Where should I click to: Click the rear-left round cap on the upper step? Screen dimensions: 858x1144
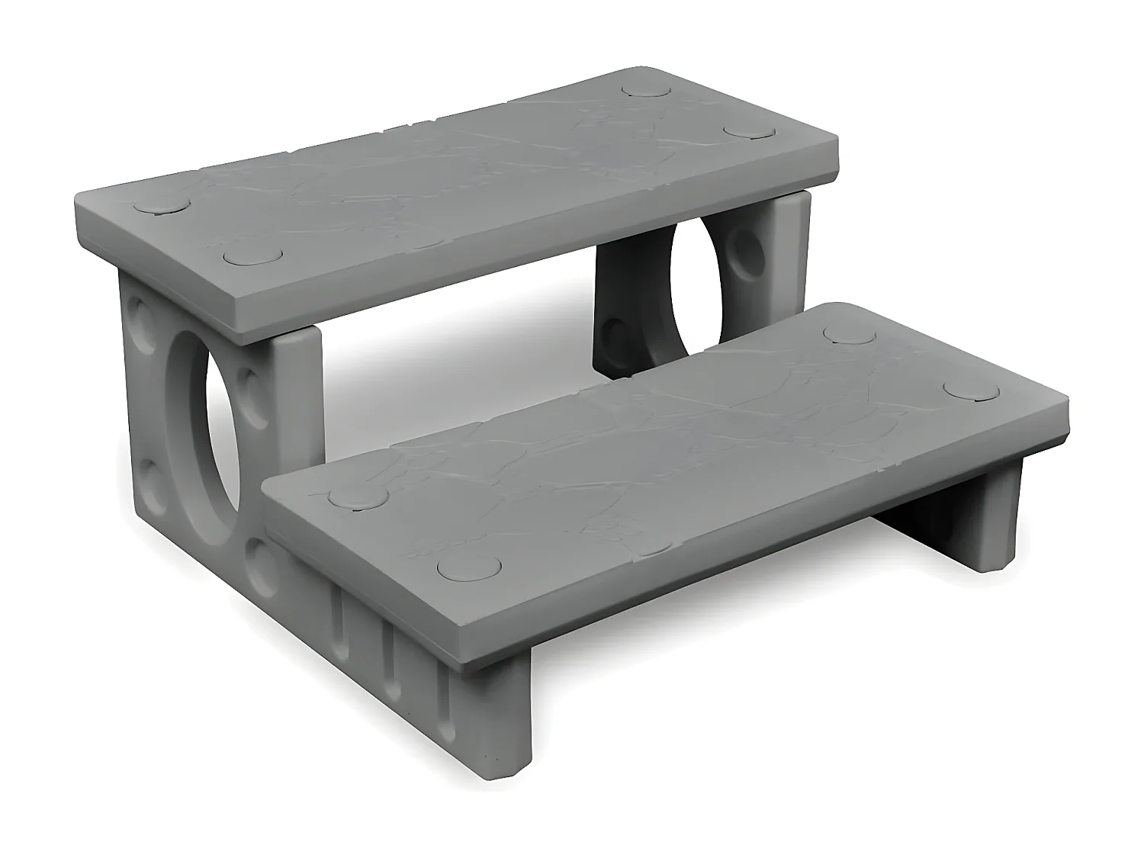point(161,207)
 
